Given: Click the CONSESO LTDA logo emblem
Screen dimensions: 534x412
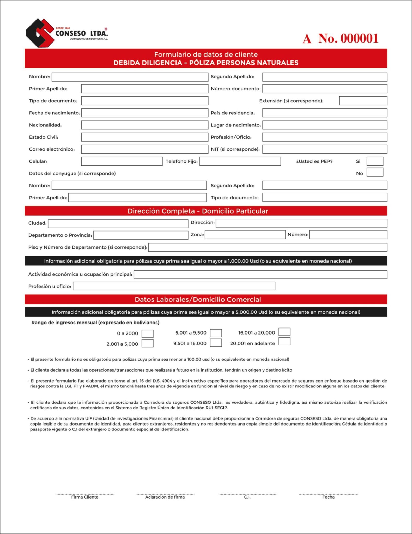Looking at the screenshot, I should [x=40, y=33].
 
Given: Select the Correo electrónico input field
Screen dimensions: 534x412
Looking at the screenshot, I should [x=144, y=149].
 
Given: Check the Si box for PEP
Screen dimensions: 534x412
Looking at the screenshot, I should [x=375, y=161].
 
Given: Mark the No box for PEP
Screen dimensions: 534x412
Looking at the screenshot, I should [x=375, y=172].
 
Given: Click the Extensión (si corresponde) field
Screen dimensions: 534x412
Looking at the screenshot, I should [x=363, y=101].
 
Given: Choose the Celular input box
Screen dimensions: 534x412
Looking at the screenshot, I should [x=122, y=161].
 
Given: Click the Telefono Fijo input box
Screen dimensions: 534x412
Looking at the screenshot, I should [x=240, y=161].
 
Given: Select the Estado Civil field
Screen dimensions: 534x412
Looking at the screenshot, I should [x=144, y=137].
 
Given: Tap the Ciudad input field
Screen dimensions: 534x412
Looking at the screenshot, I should [x=118, y=223].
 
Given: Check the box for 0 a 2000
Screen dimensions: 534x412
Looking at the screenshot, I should [x=147, y=334].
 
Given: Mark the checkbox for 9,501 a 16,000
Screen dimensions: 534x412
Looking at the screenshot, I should [x=216, y=343].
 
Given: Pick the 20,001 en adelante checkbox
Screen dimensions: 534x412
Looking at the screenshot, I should [x=284, y=342].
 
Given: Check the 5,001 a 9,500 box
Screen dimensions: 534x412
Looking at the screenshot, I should [x=216, y=333].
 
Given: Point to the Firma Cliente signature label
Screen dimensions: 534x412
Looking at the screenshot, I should [x=85, y=497].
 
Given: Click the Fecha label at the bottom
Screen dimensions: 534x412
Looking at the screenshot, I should [x=328, y=497].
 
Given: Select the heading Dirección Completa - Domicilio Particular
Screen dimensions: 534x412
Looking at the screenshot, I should [x=198, y=211].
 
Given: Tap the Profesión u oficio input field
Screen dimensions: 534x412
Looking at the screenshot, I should [x=174, y=286].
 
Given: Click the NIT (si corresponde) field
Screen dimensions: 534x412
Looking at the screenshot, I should [x=325, y=149].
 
